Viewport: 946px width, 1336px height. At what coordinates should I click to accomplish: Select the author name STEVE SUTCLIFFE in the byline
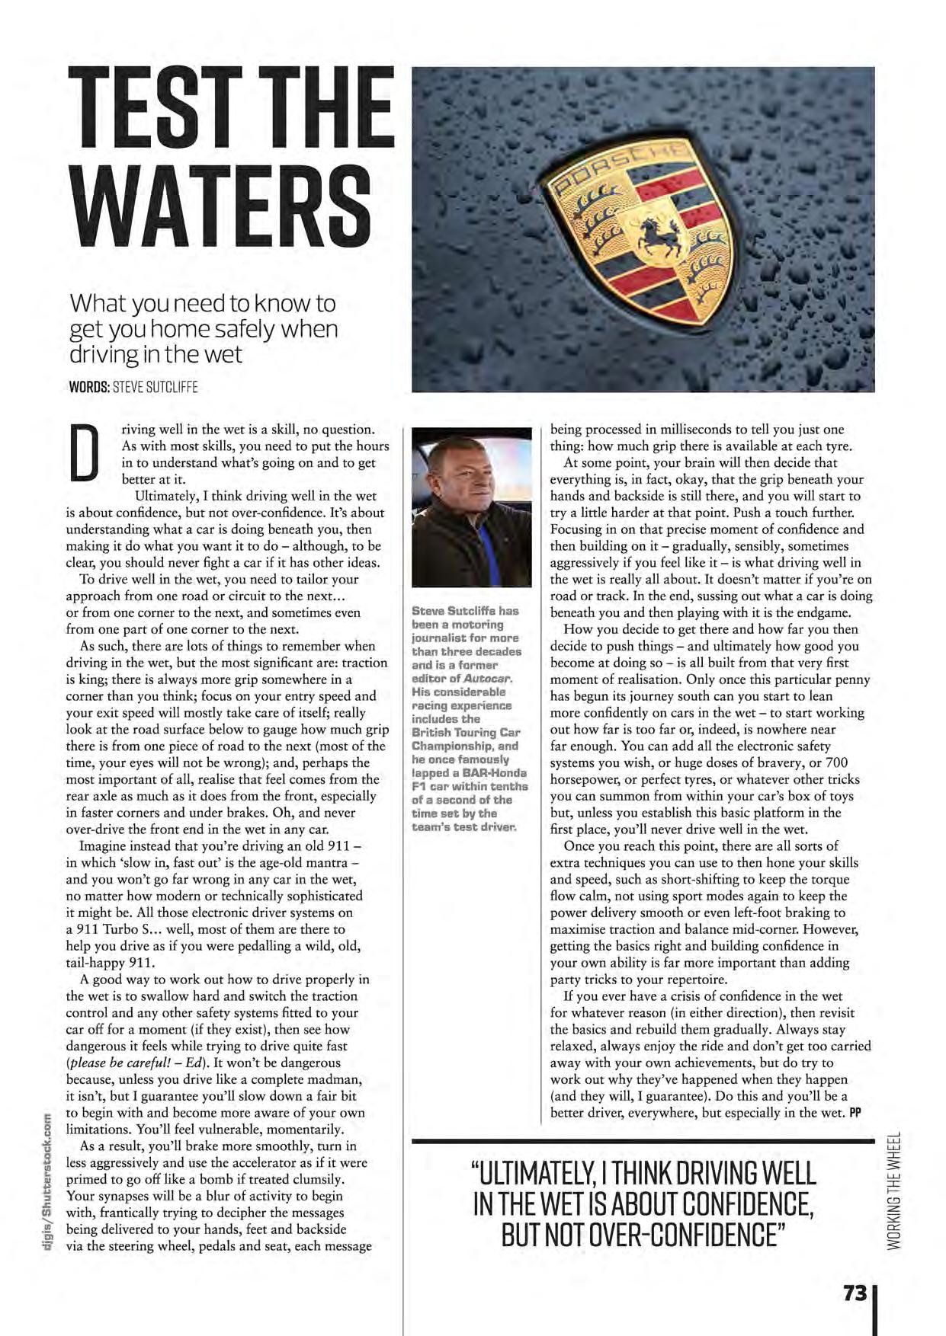[155, 387]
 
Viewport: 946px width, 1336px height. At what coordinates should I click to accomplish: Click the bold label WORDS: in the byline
[89, 387]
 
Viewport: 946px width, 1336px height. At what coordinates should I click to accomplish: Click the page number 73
[855, 1293]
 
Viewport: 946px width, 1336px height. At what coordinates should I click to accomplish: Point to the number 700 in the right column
[836, 762]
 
